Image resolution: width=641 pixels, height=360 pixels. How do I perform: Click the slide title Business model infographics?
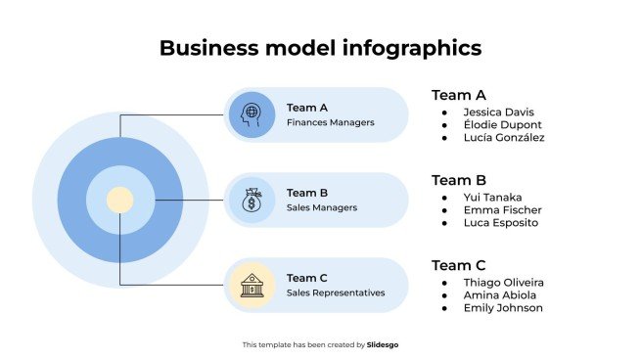(320, 48)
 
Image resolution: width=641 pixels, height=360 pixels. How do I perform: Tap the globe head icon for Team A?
(252, 114)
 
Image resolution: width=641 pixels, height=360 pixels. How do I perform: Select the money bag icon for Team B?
(252, 200)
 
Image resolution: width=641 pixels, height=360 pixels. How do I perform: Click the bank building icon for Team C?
(252, 285)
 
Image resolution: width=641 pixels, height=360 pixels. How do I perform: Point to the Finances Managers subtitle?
(331, 123)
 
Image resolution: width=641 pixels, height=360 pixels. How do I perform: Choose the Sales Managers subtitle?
(322, 207)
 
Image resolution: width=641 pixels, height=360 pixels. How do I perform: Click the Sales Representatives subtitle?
(336, 292)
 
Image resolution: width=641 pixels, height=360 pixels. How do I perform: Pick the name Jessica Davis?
(499, 112)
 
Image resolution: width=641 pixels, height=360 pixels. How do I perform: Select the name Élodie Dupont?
(502, 125)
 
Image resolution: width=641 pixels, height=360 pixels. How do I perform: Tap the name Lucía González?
(504, 138)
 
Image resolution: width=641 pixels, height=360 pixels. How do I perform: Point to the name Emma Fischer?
(502, 210)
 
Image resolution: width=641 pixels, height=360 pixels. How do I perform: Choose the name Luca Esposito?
(501, 223)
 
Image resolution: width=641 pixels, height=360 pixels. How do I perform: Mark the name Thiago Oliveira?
(504, 283)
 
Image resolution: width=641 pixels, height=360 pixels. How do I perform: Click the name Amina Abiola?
(499, 295)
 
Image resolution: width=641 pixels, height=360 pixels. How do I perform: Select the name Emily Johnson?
(503, 308)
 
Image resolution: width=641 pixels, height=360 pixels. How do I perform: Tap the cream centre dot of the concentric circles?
(119, 200)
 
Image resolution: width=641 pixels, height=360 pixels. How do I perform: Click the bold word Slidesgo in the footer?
(383, 344)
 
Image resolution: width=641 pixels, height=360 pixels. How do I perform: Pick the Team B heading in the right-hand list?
(459, 180)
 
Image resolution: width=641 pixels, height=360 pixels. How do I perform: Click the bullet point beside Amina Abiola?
(445, 295)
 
